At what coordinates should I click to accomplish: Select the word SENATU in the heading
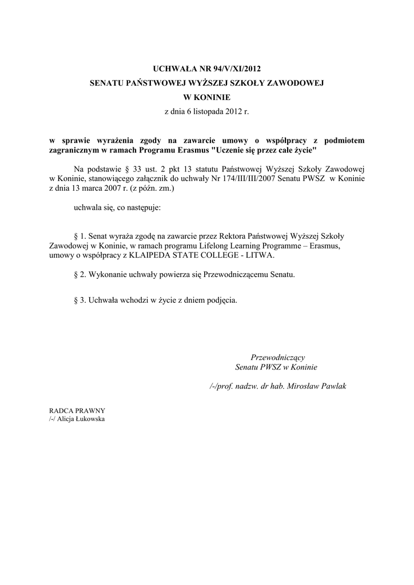(108, 83)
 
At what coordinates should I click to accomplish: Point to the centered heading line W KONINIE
(206, 98)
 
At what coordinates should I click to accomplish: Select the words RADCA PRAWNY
(77, 411)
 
